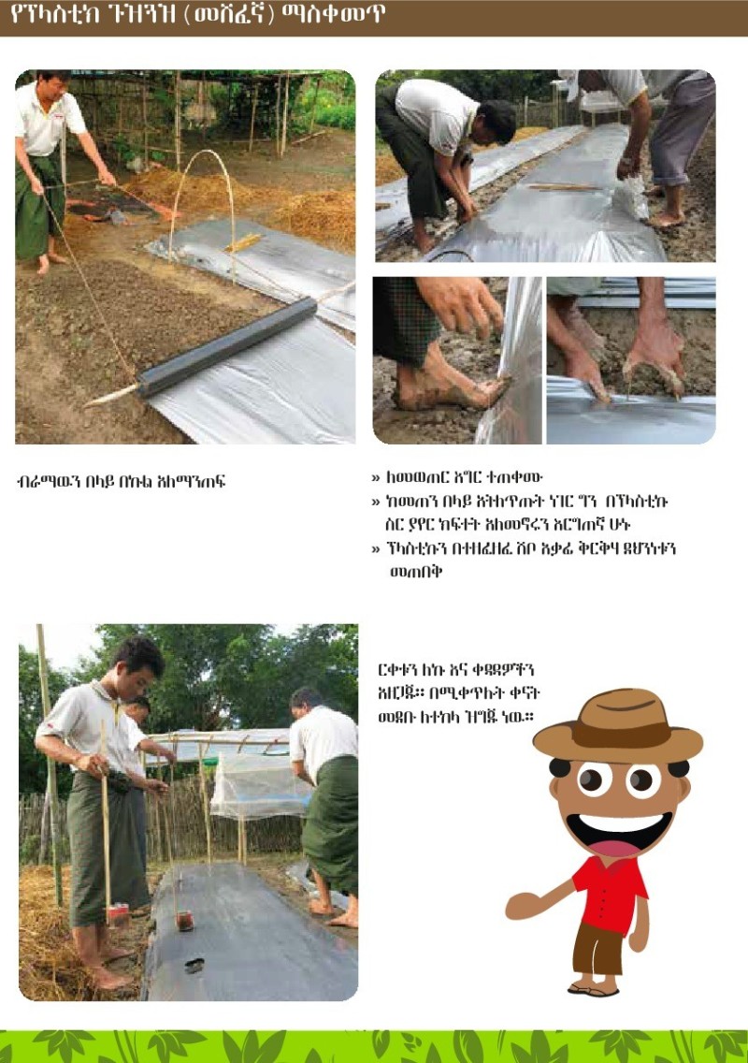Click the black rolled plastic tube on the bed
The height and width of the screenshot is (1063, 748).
(227, 346)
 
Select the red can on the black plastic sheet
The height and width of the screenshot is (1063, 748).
(185, 921)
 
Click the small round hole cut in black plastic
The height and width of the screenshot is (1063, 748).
(194, 966)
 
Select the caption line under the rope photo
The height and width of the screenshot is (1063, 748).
(121, 481)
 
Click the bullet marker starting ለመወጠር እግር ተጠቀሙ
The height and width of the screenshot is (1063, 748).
(375, 478)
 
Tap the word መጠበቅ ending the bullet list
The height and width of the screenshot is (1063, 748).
(415, 572)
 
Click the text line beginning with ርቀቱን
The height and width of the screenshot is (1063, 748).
(456, 670)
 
